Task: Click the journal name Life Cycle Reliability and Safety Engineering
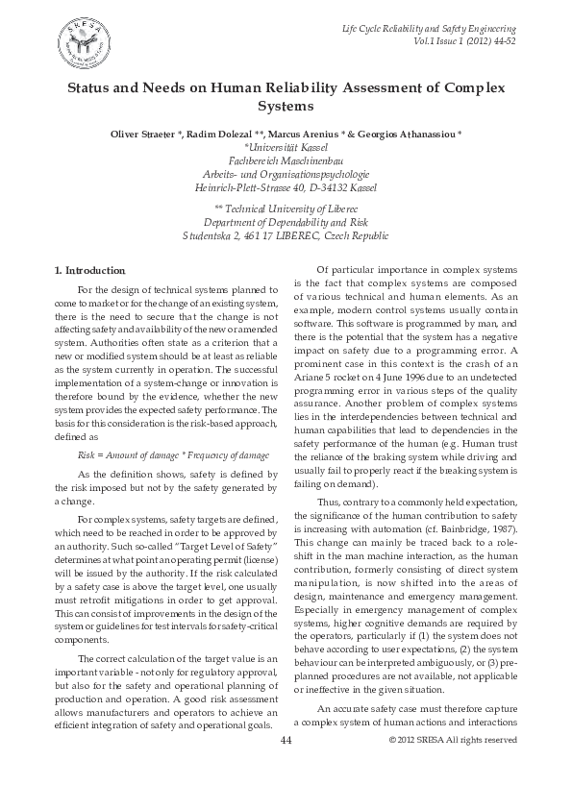point(430,30)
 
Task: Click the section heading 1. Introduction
point(89,269)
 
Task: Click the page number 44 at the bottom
point(286,768)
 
